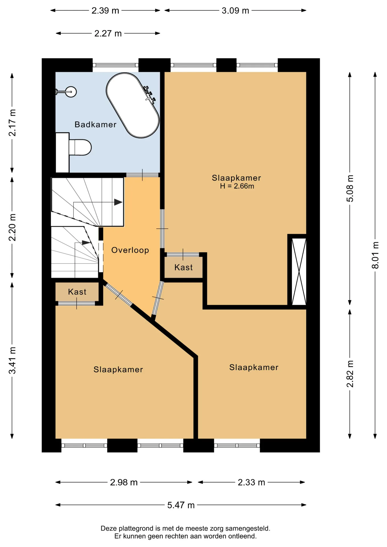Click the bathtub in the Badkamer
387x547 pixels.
point(133,105)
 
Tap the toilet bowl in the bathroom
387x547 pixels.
point(80,147)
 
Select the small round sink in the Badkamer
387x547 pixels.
point(71,92)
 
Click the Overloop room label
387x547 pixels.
point(130,250)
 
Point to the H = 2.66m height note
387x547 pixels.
point(237,186)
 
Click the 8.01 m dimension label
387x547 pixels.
point(375,255)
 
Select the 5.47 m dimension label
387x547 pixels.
point(181,505)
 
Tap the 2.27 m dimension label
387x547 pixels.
point(108,33)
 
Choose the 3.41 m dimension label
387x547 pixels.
point(12,360)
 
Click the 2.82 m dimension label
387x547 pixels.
point(350,374)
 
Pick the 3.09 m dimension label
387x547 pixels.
point(235,11)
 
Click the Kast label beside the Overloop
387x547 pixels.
point(184,267)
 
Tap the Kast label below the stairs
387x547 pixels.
point(77,292)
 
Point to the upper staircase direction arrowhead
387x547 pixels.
point(118,202)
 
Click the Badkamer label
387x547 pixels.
point(95,124)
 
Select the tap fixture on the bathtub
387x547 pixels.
point(150,94)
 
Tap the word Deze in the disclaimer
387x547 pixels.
point(109,528)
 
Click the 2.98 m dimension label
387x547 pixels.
point(124,482)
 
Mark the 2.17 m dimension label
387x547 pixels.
point(12,123)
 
